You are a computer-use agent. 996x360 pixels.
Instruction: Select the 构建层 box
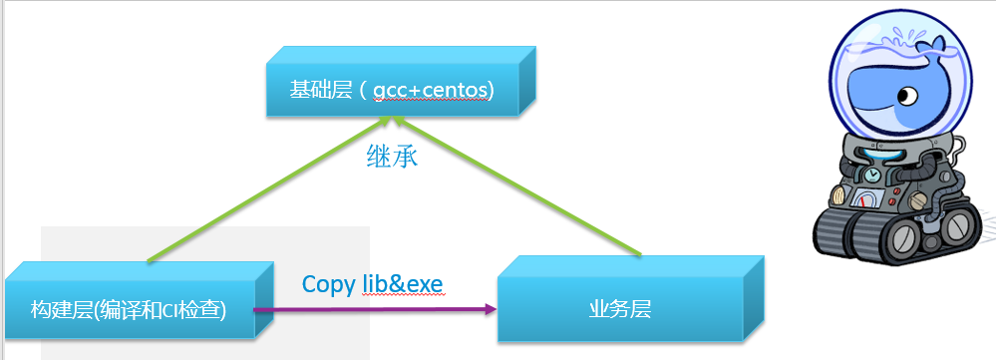(x=130, y=309)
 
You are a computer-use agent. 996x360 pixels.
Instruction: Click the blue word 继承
(x=393, y=157)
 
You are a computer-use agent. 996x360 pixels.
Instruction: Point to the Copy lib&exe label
(x=372, y=284)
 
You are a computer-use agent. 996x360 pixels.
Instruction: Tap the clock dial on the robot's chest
(x=874, y=177)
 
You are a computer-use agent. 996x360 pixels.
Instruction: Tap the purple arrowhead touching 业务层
(x=491, y=310)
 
